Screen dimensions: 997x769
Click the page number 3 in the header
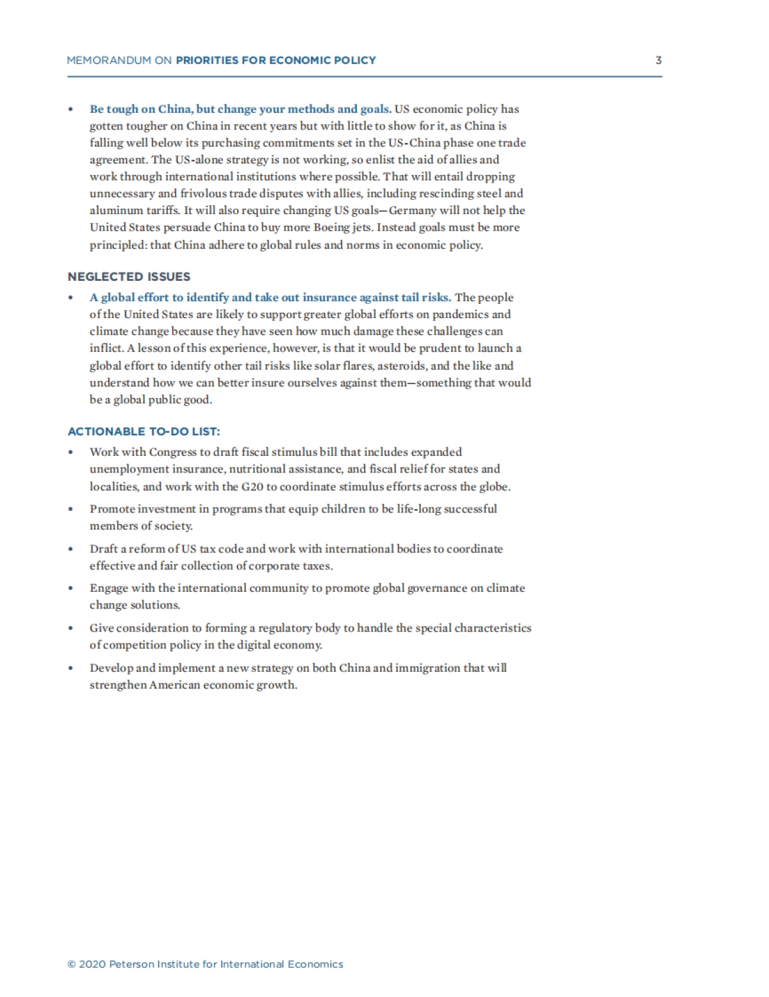(x=658, y=60)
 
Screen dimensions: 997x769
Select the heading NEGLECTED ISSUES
(x=129, y=277)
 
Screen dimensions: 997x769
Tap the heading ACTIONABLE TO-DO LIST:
(x=144, y=431)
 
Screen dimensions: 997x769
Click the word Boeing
(x=331, y=228)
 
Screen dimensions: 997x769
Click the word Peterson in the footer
(x=133, y=964)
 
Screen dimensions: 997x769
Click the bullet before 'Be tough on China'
(x=70, y=110)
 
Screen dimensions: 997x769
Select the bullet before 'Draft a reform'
(x=70, y=549)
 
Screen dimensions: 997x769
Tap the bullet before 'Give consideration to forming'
(x=70, y=628)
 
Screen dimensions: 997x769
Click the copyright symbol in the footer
(x=72, y=964)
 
